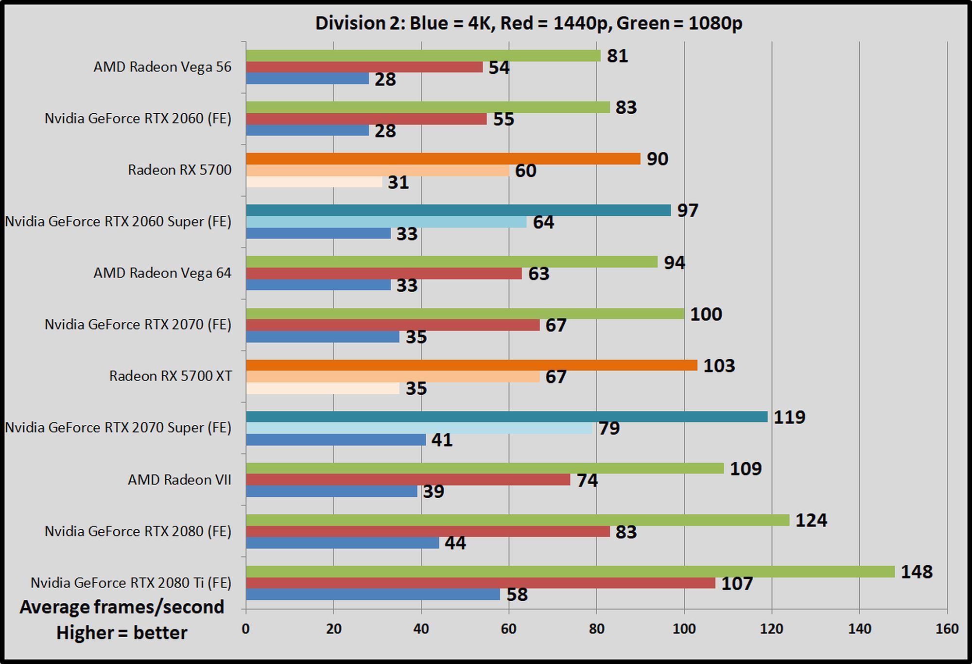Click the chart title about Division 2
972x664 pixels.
528,23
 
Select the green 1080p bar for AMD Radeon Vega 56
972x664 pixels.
423,56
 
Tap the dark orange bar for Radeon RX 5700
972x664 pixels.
443,159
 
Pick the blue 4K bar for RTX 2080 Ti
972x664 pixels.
373,594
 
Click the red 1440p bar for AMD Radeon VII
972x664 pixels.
408,480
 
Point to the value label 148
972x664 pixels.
917,572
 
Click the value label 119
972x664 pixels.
789,417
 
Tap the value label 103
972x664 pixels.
719,366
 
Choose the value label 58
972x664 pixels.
517,594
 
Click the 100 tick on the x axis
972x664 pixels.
684,629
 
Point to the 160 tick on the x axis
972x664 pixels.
947,629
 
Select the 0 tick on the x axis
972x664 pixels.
246,629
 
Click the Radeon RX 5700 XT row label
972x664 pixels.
170,376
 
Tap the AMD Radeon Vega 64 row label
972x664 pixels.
162,273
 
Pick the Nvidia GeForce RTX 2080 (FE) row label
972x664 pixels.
138,531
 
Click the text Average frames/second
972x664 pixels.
122,607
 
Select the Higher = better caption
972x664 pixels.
122,633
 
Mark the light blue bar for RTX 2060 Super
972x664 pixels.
386,222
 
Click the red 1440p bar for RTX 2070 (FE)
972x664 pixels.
393,325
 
